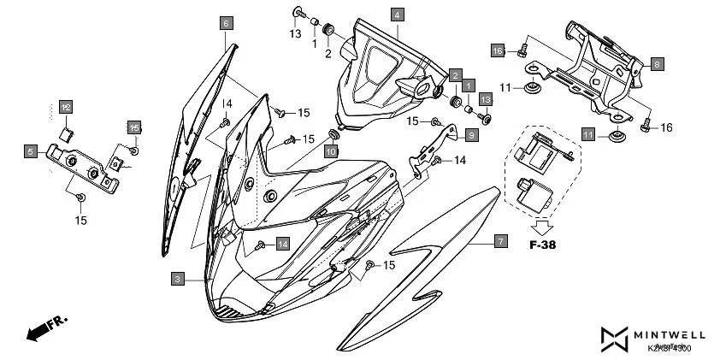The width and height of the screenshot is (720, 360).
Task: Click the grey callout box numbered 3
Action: point(176,279)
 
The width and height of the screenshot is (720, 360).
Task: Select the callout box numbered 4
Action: point(398,15)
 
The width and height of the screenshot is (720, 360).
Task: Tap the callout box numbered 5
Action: point(30,152)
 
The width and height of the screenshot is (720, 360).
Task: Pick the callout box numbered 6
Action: point(226,23)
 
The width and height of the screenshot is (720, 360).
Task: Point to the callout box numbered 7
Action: point(501,242)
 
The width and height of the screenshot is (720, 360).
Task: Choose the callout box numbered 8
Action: point(657,64)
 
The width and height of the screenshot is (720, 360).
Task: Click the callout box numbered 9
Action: point(472,134)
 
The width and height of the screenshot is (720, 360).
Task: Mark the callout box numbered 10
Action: point(331,151)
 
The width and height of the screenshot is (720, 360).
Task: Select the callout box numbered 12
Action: point(65,107)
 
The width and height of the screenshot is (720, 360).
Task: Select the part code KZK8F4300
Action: point(670,348)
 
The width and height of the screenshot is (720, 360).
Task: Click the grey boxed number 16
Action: point(499,51)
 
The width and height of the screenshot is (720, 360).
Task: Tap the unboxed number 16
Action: point(667,128)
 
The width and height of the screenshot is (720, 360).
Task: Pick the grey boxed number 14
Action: point(282,244)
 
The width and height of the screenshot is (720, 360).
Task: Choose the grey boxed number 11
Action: point(588,135)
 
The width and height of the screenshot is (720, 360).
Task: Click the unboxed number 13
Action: point(295,33)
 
